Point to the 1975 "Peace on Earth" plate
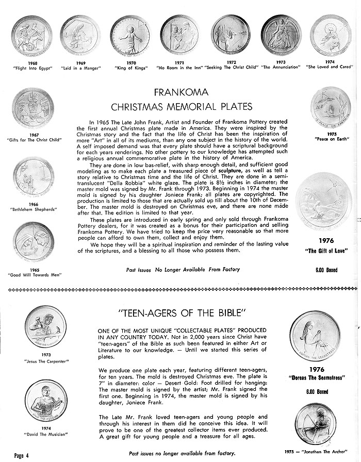coord(331,107)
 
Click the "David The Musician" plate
coord(45,400)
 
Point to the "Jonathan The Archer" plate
coord(315,423)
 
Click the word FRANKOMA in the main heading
coord(180,93)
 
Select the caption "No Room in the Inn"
coord(179,68)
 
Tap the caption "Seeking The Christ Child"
coord(231,68)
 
